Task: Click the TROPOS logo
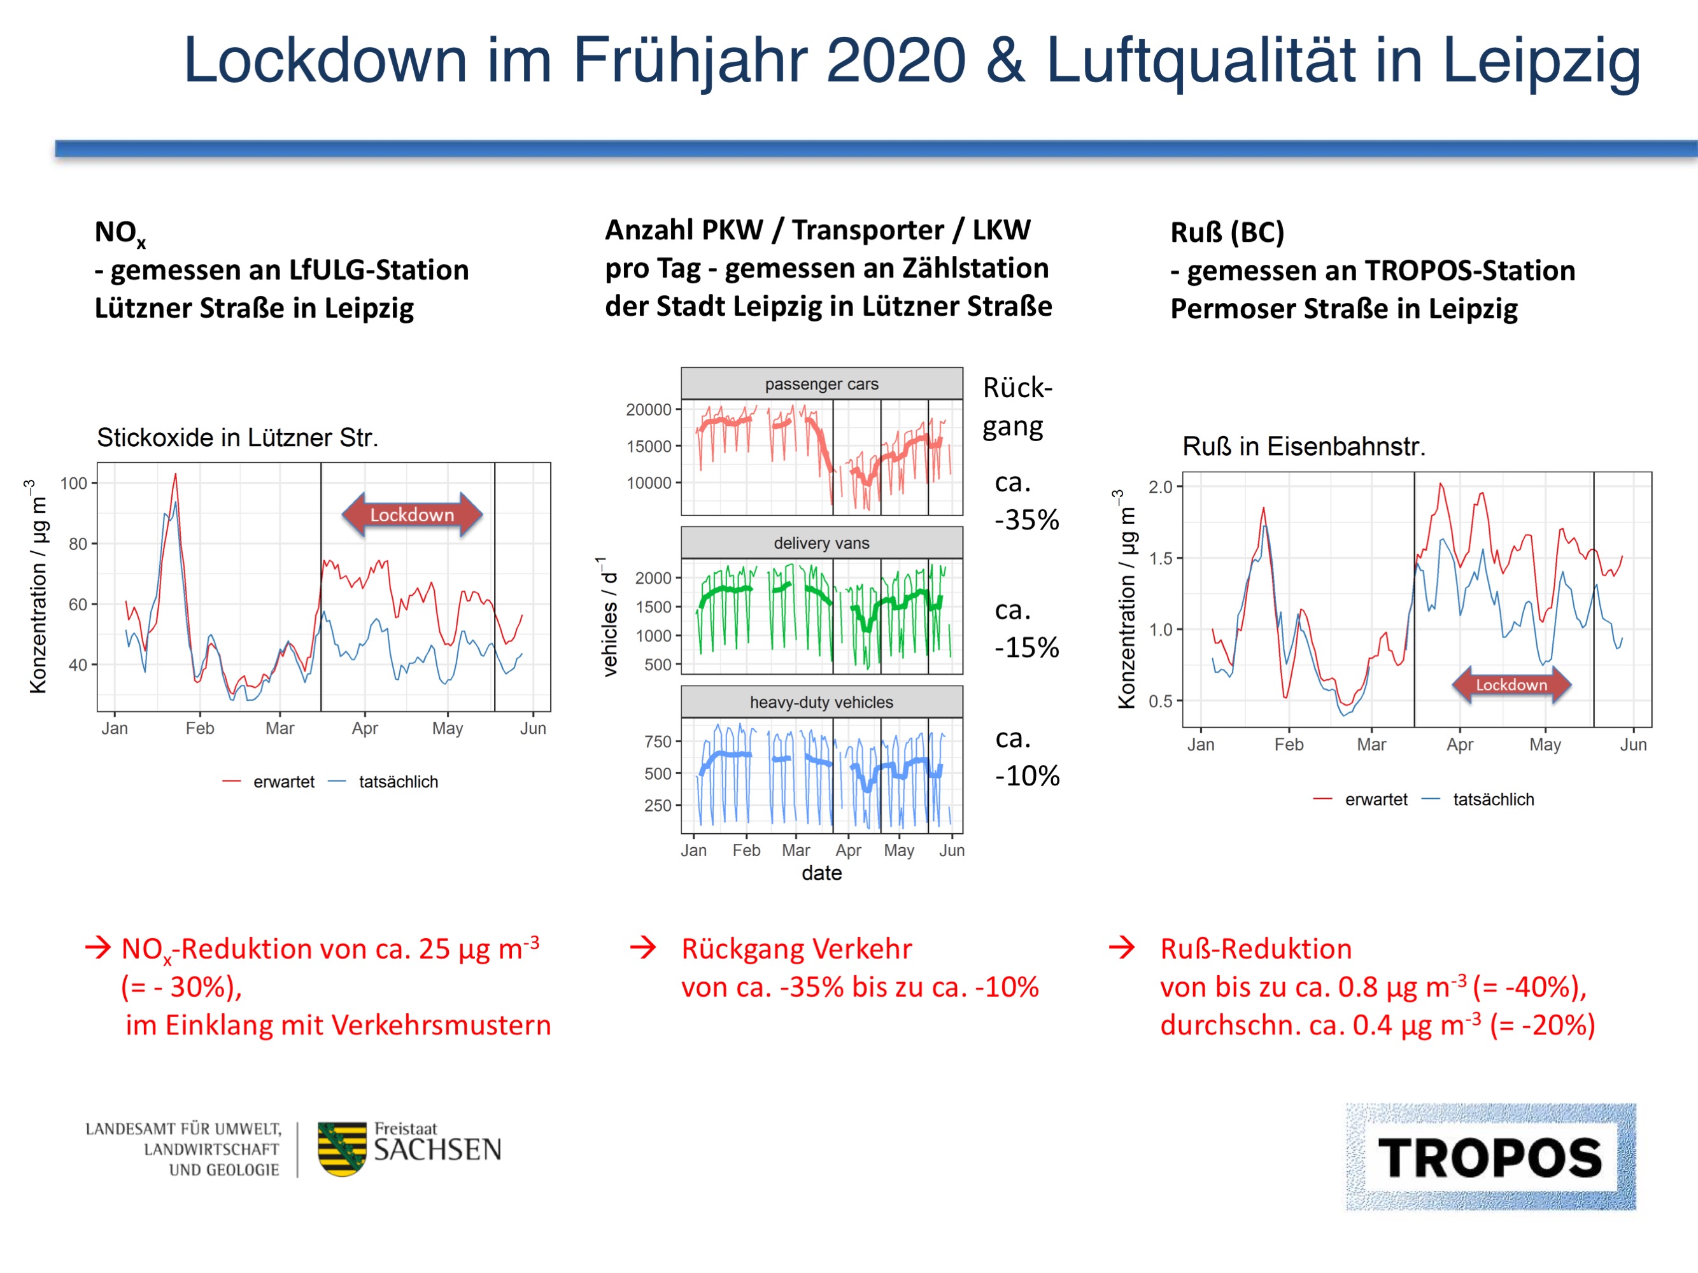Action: pyautogui.click(x=1490, y=1157)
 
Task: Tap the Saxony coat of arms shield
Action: pyautogui.click(x=342, y=1149)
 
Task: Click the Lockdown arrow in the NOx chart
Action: pyautogui.click(x=412, y=515)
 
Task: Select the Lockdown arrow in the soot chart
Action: pyautogui.click(x=1511, y=684)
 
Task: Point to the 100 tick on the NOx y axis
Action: pyautogui.click(x=74, y=483)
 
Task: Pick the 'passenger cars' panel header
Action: pyautogui.click(x=821, y=384)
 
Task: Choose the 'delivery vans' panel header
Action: pyautogui.click(x=821, y=544)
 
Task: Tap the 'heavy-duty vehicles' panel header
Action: pyautogui.click(x=821, y=702)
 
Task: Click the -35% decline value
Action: pyautogui.click(x=1026, y=520)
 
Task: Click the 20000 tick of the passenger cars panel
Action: pyautogui.click(x=649, y=410)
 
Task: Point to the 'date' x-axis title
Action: pyautogui.click(x=821, y=873)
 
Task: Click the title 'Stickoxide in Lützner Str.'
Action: pyautogui.click(x=237, y=437)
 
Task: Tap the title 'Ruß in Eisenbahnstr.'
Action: pyautogui.click(x=1303, y=447)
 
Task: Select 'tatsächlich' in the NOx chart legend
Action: pyautogui.click(x=398, y=782)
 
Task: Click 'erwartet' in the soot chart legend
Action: pyautogui.click(x=1376, y=799)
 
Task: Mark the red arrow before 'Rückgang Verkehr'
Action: pyautogui.click(x=643, y=948)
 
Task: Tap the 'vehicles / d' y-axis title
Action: pyautogui.click(x=609, y=617)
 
